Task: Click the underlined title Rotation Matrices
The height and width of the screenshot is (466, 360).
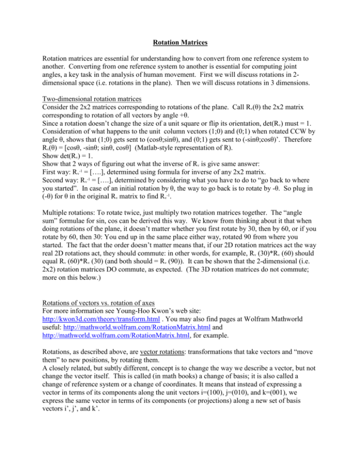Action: (180, 47)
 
